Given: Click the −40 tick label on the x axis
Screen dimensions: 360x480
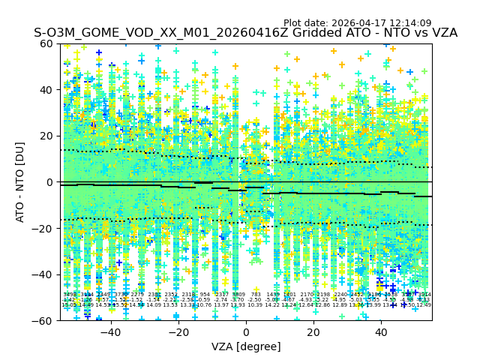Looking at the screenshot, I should [x=110, y=332].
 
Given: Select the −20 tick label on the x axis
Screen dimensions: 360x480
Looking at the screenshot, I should [x=178, y=332].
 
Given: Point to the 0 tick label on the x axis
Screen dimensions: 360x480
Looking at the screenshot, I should [x=246, y=332].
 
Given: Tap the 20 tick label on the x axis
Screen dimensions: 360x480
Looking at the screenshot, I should [x=313, y=332].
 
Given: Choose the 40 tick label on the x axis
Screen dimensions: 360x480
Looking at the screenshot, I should [x=381, y=332].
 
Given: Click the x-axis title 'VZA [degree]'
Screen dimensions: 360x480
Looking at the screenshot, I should [x=246, y=346].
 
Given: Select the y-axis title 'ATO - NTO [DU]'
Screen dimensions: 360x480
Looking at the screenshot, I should [x=21, y=182].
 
